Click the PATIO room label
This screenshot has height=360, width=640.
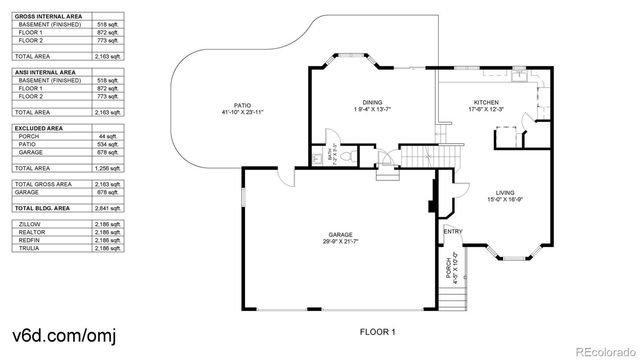(242, 103)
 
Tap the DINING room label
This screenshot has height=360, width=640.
(372, 103)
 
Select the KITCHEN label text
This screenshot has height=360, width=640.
(485, 103)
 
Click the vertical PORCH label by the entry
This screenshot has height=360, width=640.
(448, 269)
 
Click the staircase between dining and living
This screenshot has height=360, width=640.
(421, 156)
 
